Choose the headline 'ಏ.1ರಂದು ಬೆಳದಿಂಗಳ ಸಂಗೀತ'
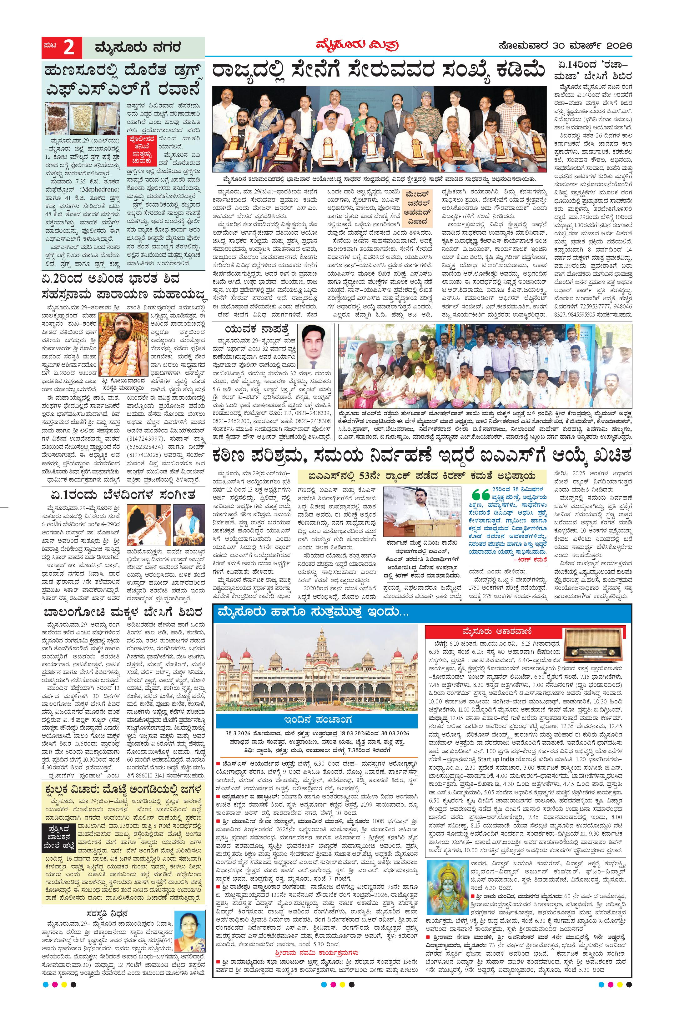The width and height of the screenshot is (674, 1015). point(124,494)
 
